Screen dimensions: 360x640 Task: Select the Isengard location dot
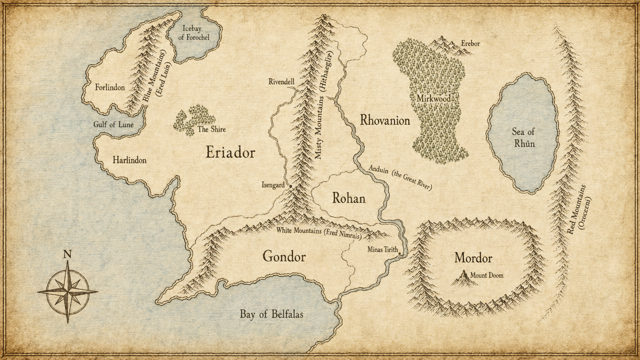click(289, 186)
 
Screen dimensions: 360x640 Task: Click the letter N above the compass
click(67, 254)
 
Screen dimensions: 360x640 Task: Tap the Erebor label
click(470, 44)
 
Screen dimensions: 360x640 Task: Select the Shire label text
click(211, 129)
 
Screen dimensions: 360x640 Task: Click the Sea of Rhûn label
click(523, 137)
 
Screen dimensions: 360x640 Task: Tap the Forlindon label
click(110, 87)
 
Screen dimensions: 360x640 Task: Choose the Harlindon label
click(129, 160)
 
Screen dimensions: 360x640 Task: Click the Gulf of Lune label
click(113, 124)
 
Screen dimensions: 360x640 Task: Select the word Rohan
click(348, 198)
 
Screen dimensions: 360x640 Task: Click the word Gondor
click(284, 257)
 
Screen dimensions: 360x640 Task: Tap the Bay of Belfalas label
click(271, 314)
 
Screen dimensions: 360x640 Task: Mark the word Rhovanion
click(385, 120)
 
